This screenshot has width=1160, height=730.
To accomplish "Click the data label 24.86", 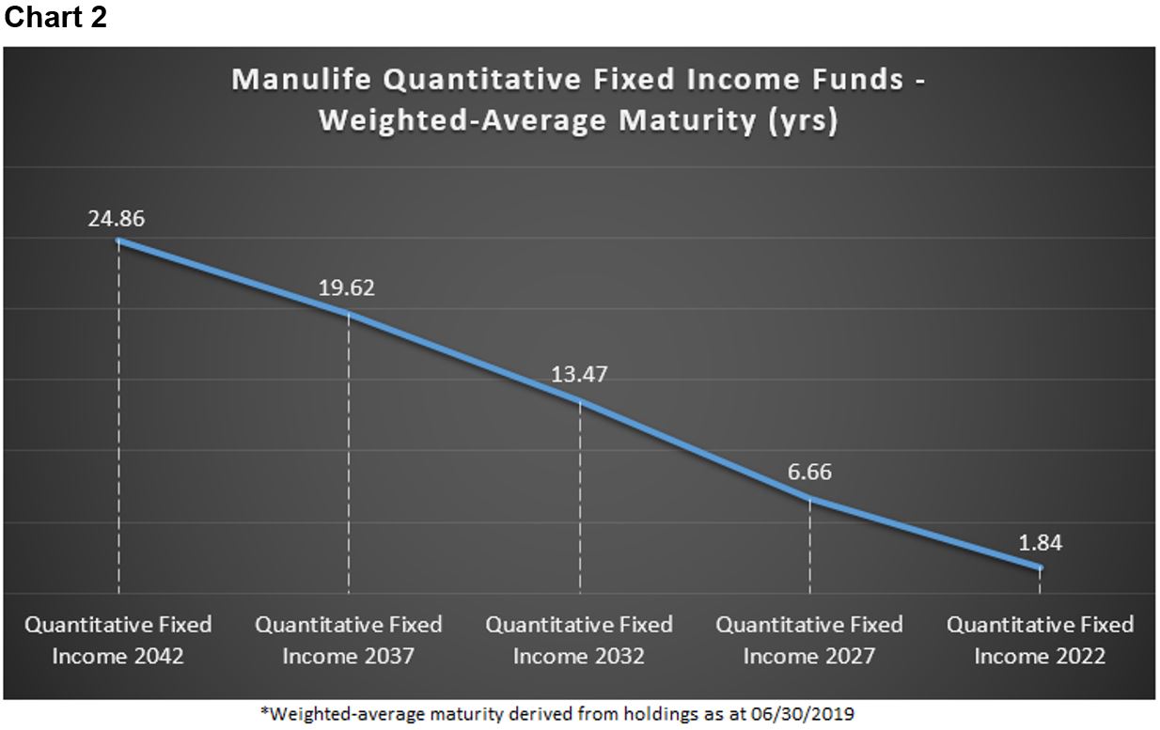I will click(x=117, y=220).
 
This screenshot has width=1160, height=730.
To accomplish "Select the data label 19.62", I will click(x=346, y=288).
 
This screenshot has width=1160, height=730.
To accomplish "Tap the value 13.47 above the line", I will click(x=579, y=374).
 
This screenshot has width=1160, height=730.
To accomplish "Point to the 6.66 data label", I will click(x=809, y=472).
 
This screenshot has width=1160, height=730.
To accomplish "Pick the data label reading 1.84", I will click(x=1039, y=543).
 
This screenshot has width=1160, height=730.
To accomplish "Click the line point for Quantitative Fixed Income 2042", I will click(x=118, y=241).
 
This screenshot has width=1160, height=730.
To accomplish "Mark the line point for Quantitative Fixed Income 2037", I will click(x=349, y=313).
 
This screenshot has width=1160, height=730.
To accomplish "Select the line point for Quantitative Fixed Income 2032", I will click(x=580, y=400).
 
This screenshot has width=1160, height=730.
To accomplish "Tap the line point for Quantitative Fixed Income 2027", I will click(x=809, y=498).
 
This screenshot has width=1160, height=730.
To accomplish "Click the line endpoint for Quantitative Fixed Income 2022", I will click(x=1039, y=567).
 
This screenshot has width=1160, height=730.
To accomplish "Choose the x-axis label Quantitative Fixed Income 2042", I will click(x=118, y=640).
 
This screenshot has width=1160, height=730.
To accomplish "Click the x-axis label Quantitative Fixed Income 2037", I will click(x=349, y=640).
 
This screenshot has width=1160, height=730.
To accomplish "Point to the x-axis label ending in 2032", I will click(x=579, y=640).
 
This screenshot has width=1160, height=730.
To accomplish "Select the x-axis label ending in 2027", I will click(x=809, y=640).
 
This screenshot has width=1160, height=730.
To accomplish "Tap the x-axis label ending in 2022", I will click(x=1040, y=640).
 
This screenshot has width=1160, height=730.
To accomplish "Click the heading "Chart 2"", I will click(x=55, y=18).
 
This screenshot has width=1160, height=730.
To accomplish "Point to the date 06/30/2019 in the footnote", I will click(x=809, y=713).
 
